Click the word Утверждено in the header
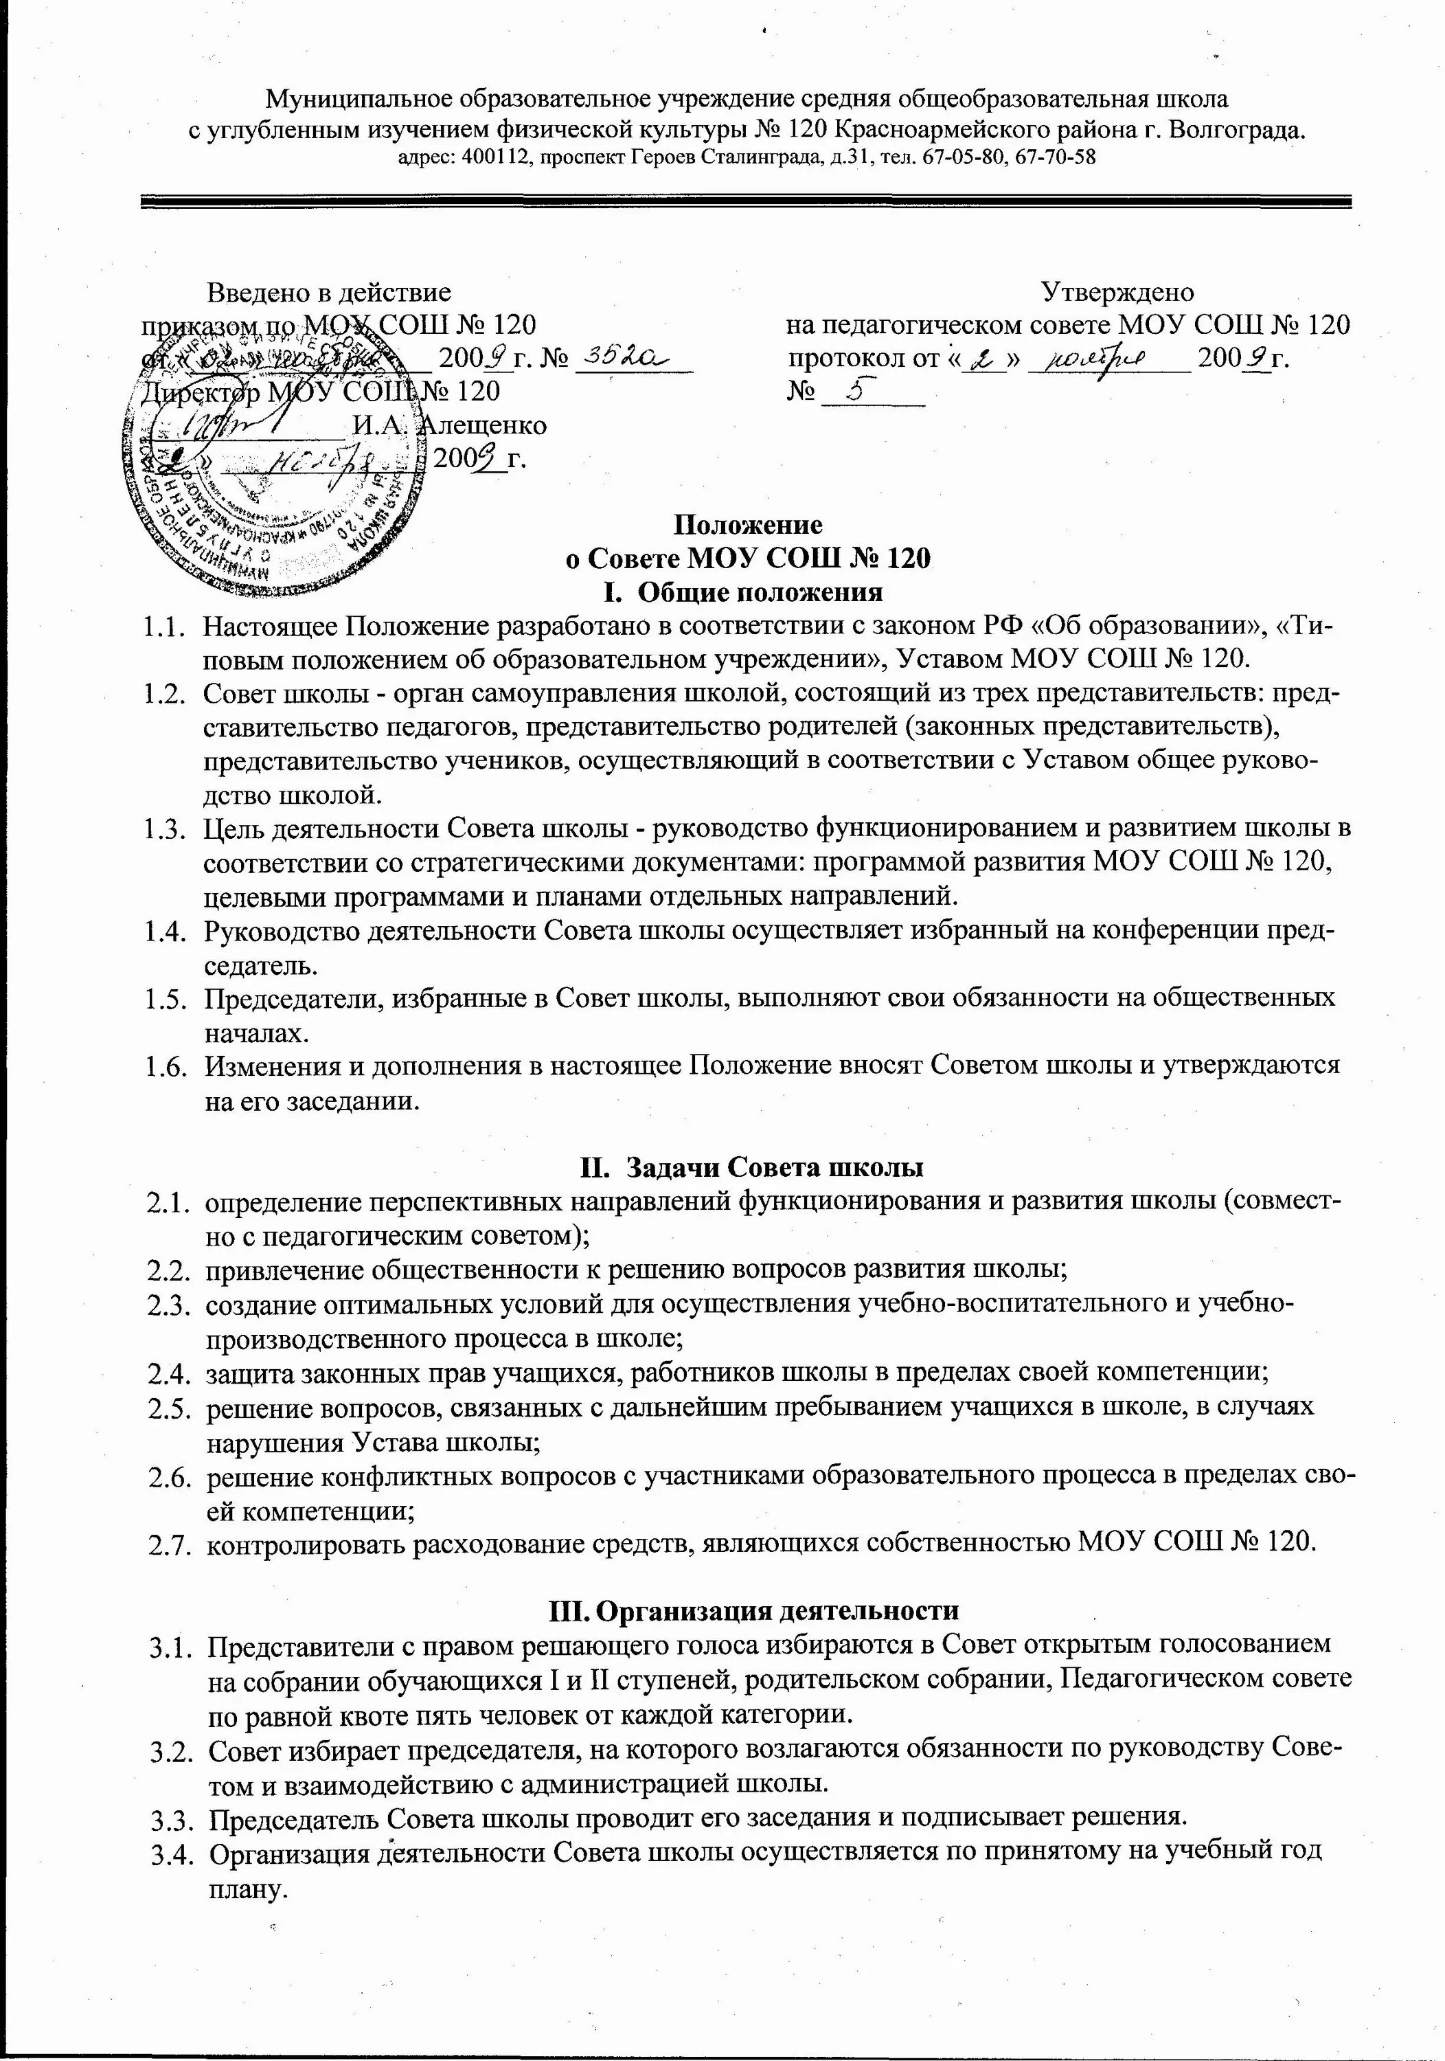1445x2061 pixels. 1117,293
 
